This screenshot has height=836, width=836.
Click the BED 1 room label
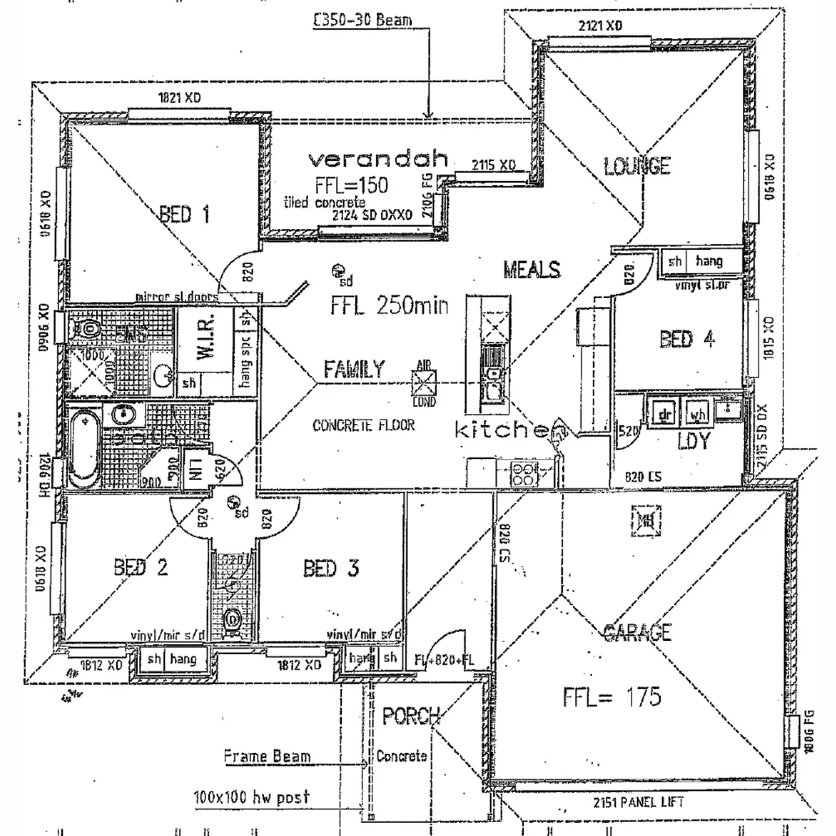point(184,214)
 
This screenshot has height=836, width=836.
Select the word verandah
point(379,159)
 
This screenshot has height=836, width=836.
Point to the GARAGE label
point(637,633)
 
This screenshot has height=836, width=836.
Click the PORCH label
point(411,716)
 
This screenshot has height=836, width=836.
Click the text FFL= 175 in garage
point(612,697)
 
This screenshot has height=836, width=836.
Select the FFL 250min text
point(389,306)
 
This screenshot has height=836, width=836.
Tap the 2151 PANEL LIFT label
point(639,802)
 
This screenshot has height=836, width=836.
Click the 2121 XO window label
point(600,26)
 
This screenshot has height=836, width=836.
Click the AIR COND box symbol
point(424,383)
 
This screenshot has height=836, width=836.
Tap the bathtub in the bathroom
point(84,449)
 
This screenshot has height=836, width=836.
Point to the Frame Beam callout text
point(267,756)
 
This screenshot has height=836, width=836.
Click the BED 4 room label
point(687,339)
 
